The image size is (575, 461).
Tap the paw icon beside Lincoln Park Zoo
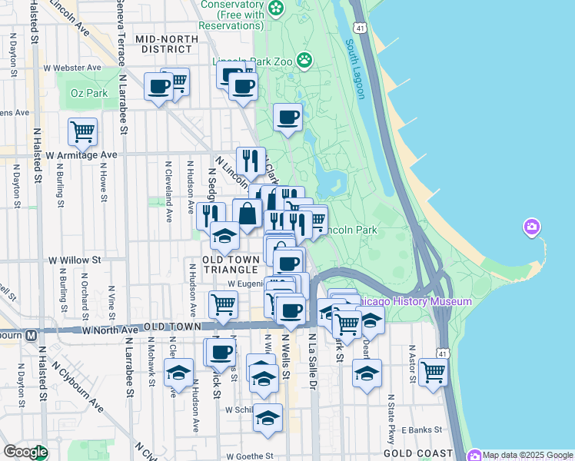pos(305,58)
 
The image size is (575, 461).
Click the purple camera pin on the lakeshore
pos(531,227)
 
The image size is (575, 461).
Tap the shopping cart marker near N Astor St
pos(434,373)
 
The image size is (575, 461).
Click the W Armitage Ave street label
pos(81,154)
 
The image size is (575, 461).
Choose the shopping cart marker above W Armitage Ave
pos(82,131)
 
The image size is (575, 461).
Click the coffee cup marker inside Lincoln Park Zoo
pos(288,117)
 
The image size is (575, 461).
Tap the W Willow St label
pos(75,260)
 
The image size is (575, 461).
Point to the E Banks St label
pos(423,429)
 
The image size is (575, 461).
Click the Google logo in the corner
pos(25,452)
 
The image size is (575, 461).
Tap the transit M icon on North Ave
pos(32,335)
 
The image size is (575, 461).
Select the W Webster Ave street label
pos(72,68)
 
